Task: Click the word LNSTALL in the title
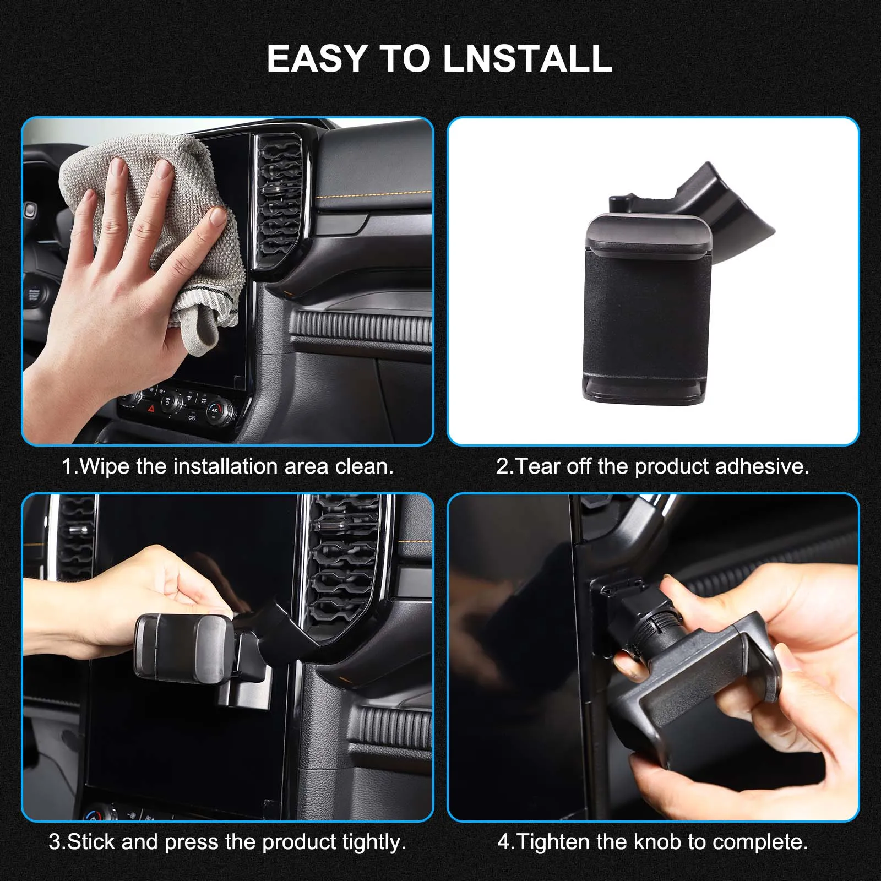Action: click(527, 58)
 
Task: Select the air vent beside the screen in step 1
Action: click(280, 201)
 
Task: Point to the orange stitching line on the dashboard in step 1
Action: click(374, 194)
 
